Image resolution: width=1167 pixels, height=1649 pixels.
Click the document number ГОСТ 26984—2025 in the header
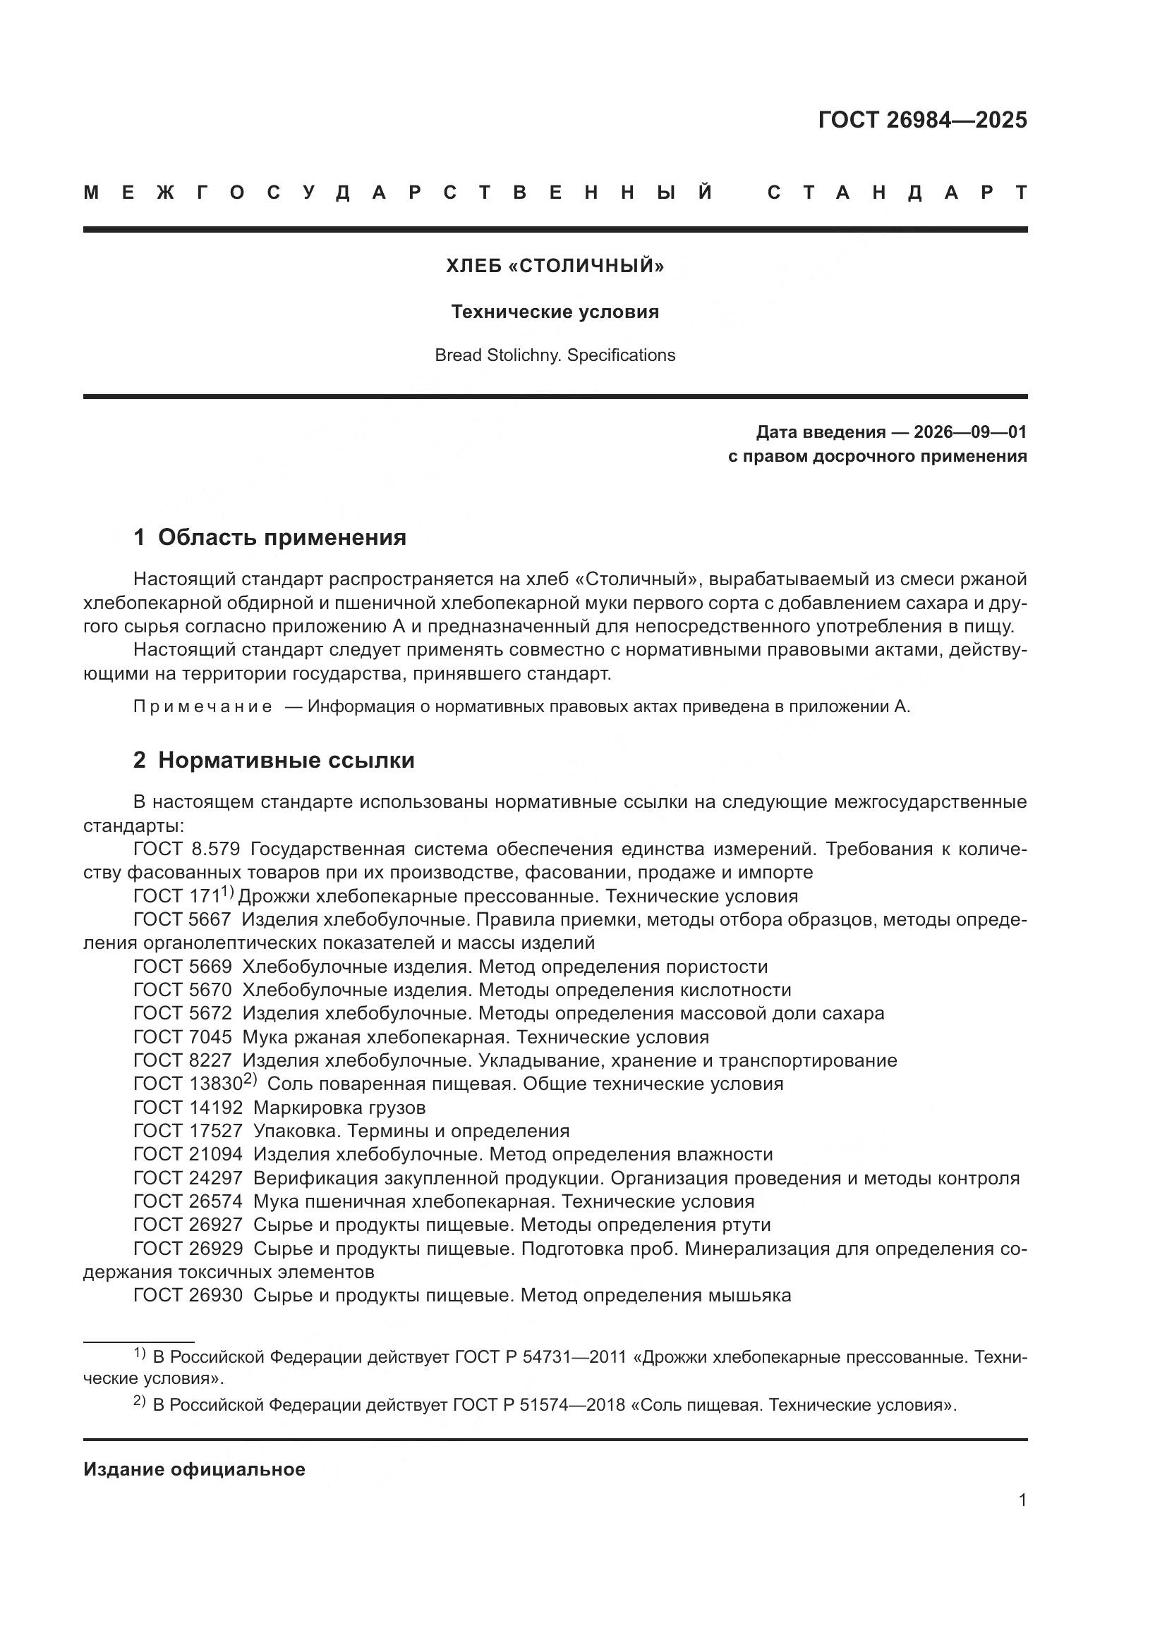[922, 120]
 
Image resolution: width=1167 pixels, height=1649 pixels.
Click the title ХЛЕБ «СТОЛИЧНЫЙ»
[555, 266]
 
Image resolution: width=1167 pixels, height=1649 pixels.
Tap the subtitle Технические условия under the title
[555, 312]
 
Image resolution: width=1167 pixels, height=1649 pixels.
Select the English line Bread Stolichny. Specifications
[555, 355]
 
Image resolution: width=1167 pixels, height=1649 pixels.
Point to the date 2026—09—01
[969, 431]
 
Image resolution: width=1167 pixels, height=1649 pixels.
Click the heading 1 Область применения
[270, 537]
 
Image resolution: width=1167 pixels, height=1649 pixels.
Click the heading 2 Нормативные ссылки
[274, 760]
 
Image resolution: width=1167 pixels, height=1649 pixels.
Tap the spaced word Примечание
[202, 706]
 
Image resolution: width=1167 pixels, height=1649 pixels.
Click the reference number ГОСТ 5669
[183, 967]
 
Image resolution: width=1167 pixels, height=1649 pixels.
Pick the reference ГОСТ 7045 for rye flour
[183, 1037]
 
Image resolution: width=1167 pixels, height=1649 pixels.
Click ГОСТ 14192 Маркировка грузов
[279, 1108]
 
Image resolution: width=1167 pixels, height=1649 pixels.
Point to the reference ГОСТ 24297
[188, 1178]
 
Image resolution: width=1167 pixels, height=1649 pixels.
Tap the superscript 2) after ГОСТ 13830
[250, 1079]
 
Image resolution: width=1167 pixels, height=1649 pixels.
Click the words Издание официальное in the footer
[194, 1469]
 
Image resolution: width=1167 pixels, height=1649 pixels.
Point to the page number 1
[1022, 1514]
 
